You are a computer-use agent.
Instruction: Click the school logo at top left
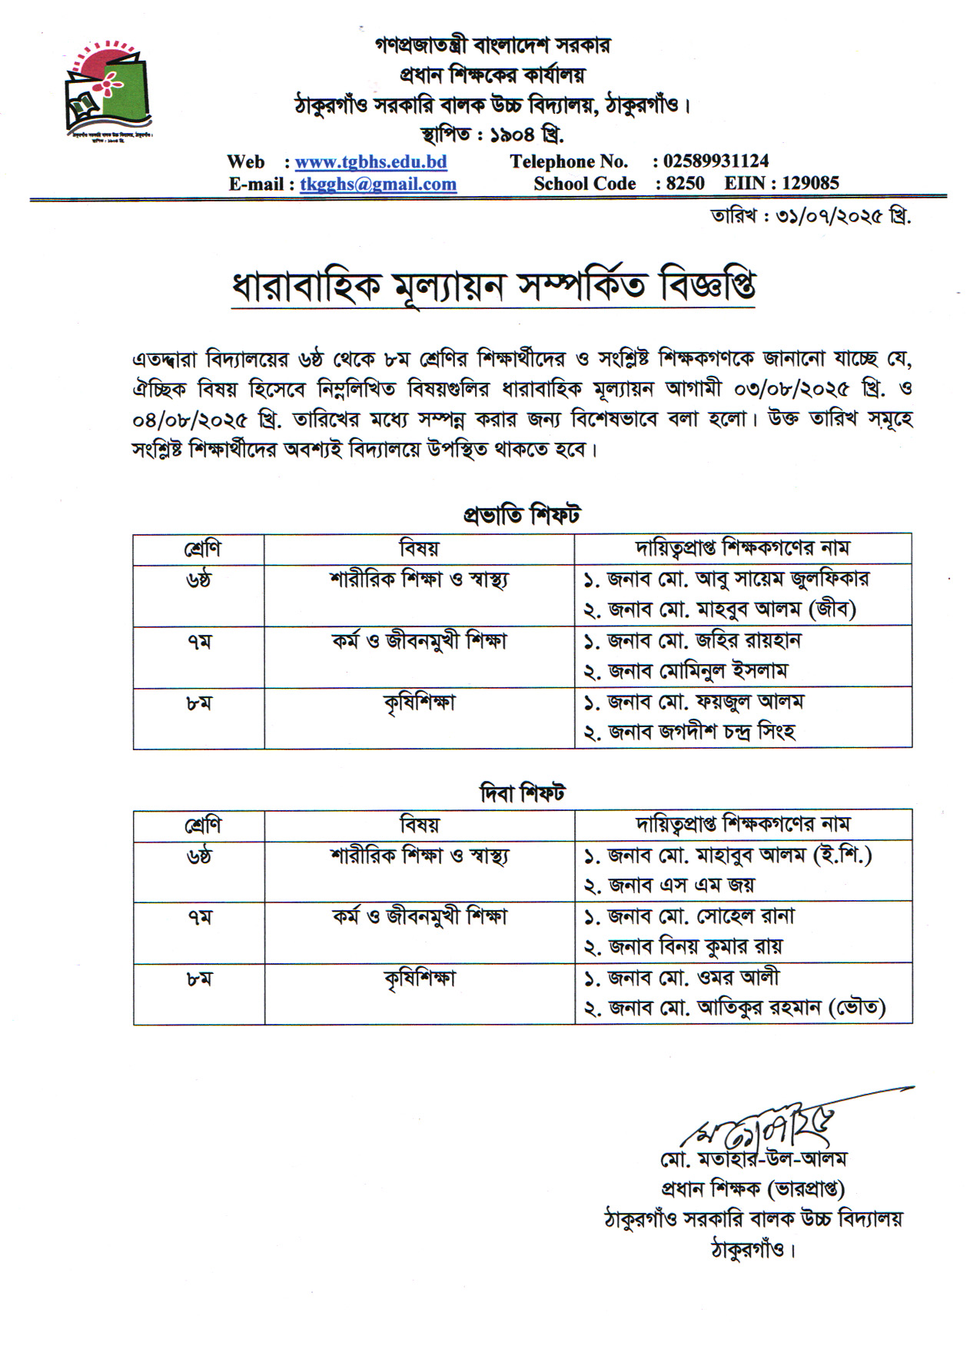click(108, 91)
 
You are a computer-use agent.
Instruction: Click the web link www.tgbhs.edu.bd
click(370, 162)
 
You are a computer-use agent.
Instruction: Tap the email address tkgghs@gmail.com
click(378, 184)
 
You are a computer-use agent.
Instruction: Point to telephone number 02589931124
click(716, 161)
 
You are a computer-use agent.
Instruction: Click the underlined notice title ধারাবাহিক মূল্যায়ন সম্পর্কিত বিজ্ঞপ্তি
click(493, 287)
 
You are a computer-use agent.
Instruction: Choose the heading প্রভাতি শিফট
click(522, 515)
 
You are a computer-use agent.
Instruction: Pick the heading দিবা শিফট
click(522, 792)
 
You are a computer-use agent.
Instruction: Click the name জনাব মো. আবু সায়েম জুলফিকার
click(727, 580)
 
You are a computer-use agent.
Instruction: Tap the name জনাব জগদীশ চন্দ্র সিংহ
click(689, 733)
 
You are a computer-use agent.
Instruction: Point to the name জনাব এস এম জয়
click(669, 885)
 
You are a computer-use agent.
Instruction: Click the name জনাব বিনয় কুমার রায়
click(683, 947)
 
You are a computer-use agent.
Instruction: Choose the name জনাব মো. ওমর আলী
click(682, 978)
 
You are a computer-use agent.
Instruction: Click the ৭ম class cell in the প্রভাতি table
click(198, 642)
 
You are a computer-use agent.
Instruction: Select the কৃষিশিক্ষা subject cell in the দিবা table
click(420, 979)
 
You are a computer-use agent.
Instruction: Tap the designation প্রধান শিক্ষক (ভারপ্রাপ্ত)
click(752, 1189)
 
